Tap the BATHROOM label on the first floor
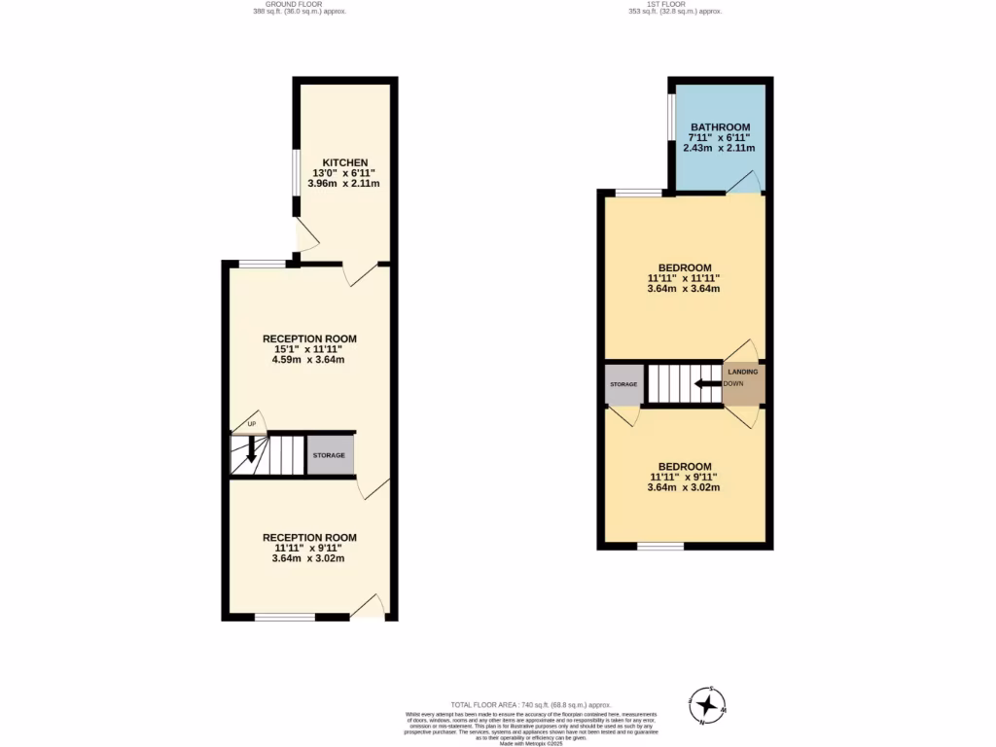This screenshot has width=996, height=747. tap(720, 127)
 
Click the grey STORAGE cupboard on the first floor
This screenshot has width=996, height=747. tap(623, 384)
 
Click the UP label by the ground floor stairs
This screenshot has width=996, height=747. tap(251, 424)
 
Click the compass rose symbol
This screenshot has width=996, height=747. tap(709, 702)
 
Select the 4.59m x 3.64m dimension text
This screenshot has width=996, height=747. tap(308, 360)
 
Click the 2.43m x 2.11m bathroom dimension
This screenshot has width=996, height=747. tap(720, 148)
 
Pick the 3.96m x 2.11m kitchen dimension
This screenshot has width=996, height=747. tap(344, 183)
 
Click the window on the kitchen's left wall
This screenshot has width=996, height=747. tap(297, 175)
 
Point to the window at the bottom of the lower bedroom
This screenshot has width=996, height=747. tap(660, 547)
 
